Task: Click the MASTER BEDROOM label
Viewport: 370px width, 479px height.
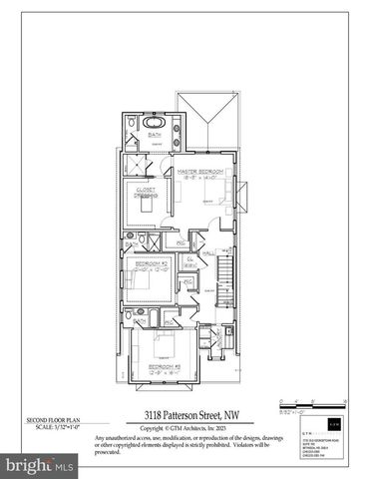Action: [199, 171]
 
